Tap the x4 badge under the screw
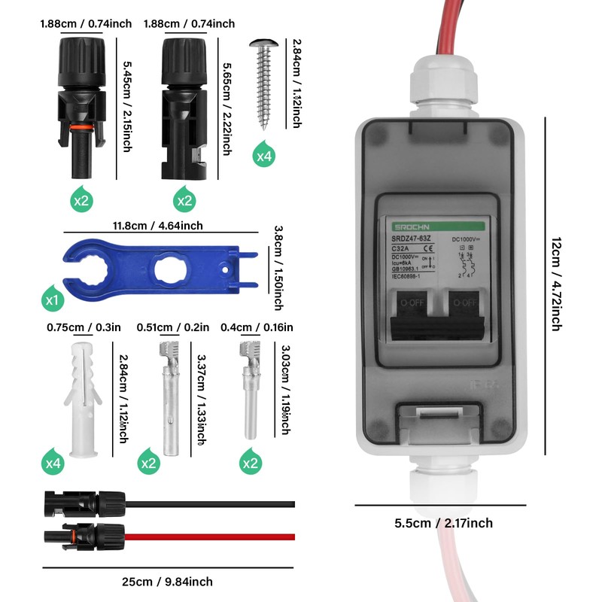[x=263, y=156]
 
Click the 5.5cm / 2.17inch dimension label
[x=444, y=523]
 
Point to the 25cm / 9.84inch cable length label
[x=167, y=581]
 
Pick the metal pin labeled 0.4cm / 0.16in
[x=246, y=391]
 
